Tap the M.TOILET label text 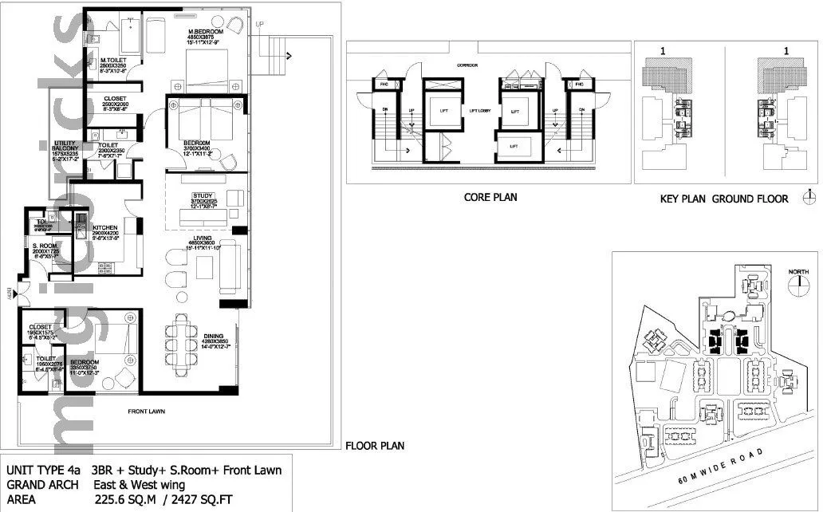[115, 61]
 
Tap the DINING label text [213, 336]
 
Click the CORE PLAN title [490, 197]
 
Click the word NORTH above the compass [798, 272]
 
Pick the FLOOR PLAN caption [374, 446]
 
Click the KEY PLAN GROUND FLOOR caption [723, 199]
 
